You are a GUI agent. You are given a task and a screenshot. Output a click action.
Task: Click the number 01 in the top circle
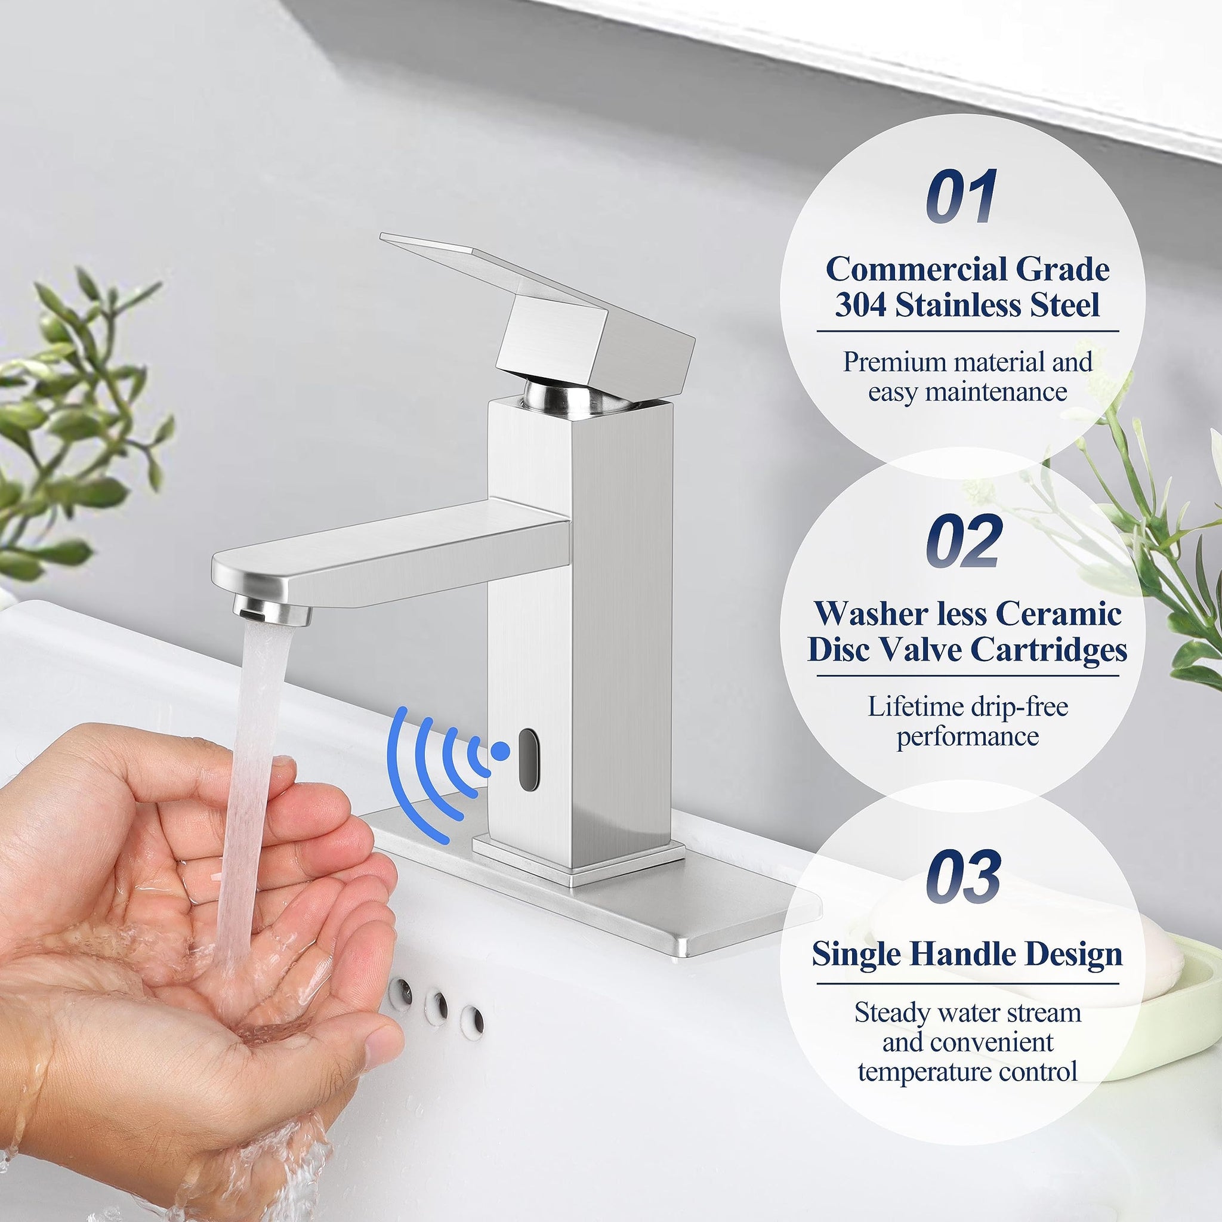(962, 196)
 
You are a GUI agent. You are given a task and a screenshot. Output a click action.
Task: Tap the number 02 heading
(964, 541)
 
